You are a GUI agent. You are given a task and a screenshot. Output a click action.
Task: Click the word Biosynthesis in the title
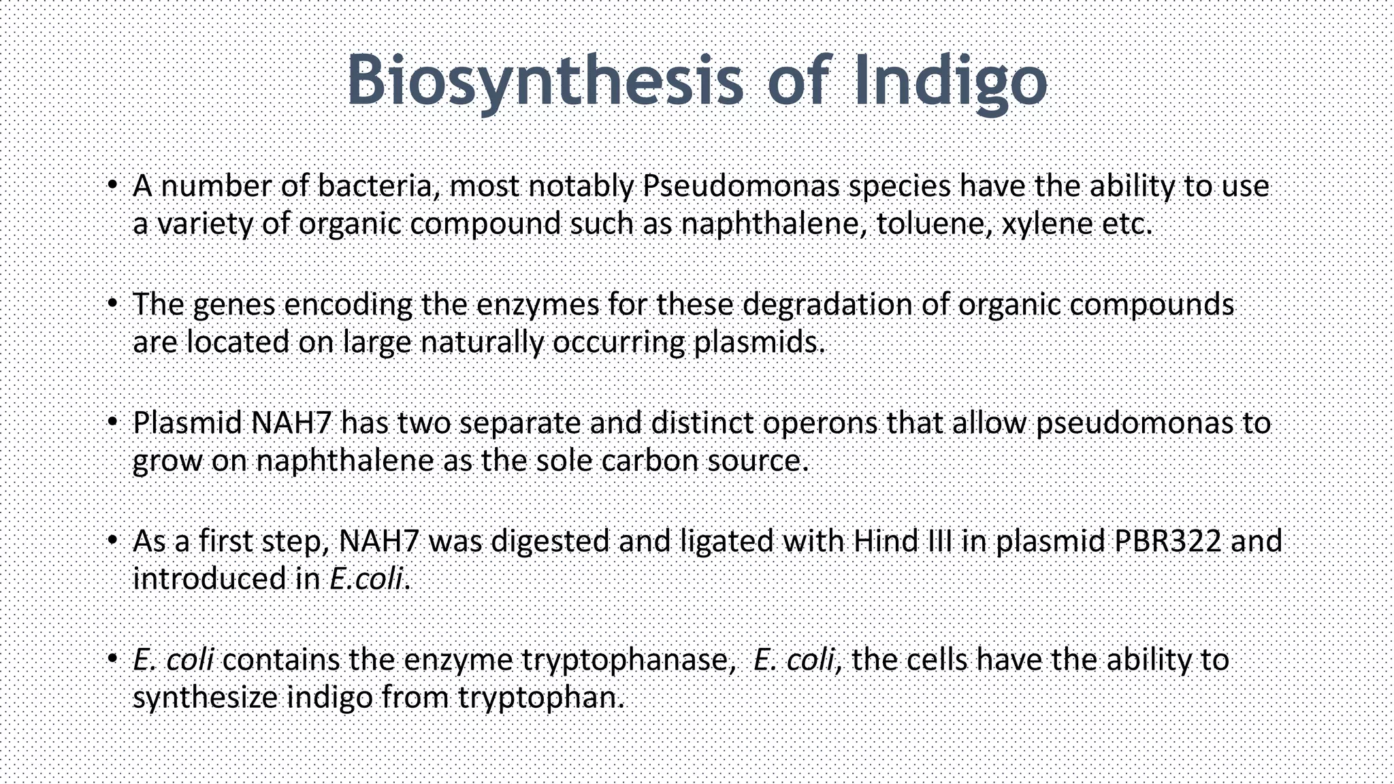click(x=545, y=82)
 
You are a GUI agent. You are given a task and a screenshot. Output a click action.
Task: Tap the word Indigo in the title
click(x=950, y=82)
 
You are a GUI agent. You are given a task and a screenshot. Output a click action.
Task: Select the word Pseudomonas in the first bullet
click(x=741, y=186)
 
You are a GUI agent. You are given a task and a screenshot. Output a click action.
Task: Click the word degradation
click(x=828, y=305)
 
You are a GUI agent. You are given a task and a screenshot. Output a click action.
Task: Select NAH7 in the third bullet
click(x=291, y=423)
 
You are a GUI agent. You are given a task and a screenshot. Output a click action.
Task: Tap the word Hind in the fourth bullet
click(x=882, y=542)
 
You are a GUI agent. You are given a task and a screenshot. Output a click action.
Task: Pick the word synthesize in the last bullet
click(x=205, y=698)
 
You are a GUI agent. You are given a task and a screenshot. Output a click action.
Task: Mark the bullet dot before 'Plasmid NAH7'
click(x=113, y=422)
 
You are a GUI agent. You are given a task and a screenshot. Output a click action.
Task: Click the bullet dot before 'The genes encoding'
click(x=113, y=304)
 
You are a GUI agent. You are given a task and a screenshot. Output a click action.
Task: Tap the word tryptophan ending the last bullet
click(x=541, y=698)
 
